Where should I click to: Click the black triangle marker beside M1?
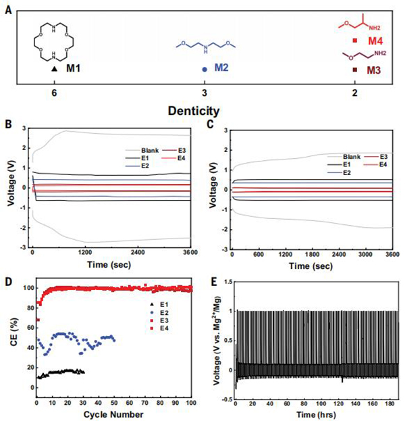54,69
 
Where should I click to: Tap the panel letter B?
8,124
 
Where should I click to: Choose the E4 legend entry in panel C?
384,164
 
